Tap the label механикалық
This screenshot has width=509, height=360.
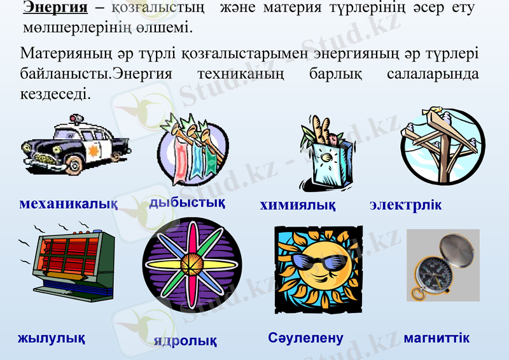tap(68, 204)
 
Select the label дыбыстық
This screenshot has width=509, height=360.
tap(187, 203)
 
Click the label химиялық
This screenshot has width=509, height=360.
tap(298, 206)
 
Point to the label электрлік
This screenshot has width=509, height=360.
tap(405, 206)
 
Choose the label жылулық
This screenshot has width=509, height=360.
tap(52, 337)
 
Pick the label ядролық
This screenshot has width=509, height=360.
tap(185, 341)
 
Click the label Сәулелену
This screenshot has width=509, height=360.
tap(305, 338)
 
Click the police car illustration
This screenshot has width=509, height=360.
tap(74, 142)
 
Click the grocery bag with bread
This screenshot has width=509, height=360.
tap(326, 153)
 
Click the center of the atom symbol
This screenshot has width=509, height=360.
tap(192, 263)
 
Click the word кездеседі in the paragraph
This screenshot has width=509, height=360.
tap(55, 93)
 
